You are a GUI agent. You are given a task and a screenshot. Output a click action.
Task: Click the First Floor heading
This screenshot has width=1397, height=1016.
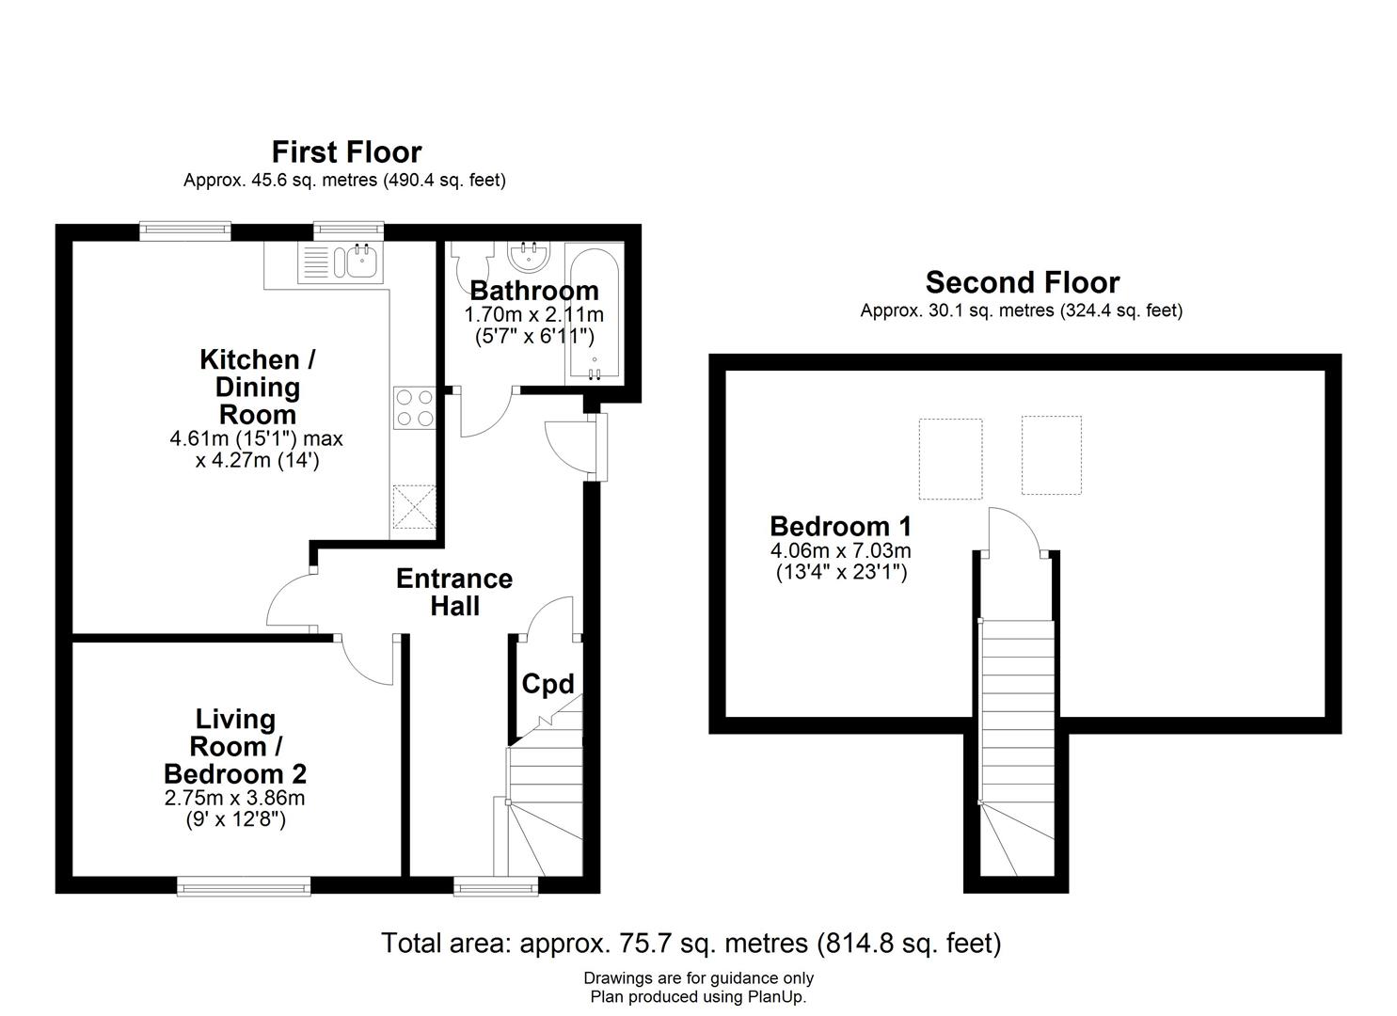click(346, 151)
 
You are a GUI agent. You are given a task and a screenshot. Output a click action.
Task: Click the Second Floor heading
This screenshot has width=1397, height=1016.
click(1022, 282)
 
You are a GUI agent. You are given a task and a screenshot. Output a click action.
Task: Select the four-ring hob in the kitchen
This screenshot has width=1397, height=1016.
click(414, 408)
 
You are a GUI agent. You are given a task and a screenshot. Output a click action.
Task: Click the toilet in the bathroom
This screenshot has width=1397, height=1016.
click(469, 264)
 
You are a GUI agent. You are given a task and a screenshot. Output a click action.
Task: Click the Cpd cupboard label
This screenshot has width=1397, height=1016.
click(547, 684)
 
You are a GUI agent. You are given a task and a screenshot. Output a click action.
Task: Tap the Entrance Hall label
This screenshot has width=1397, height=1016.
click(454, 592)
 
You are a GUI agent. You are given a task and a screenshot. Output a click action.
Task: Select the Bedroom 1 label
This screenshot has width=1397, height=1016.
click(840, 526)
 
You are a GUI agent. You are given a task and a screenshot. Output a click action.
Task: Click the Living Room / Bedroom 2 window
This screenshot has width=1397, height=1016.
click(244, 885)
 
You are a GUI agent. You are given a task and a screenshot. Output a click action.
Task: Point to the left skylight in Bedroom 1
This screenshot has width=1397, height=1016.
click(950, 458)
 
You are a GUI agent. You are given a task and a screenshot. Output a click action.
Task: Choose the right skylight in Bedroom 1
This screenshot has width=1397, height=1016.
click(1051, 455)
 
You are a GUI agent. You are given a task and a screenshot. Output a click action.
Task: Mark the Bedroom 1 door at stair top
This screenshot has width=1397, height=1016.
click(1013, 532)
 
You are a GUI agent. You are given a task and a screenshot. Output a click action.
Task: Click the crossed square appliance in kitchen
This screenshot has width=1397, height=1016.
click(414, 506)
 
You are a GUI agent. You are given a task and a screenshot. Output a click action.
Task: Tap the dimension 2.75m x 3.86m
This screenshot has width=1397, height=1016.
click(234, 799)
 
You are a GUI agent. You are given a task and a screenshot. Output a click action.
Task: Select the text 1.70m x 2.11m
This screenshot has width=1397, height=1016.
click(533, 314)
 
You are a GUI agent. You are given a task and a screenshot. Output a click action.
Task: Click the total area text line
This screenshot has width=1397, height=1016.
click(691, 943)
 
